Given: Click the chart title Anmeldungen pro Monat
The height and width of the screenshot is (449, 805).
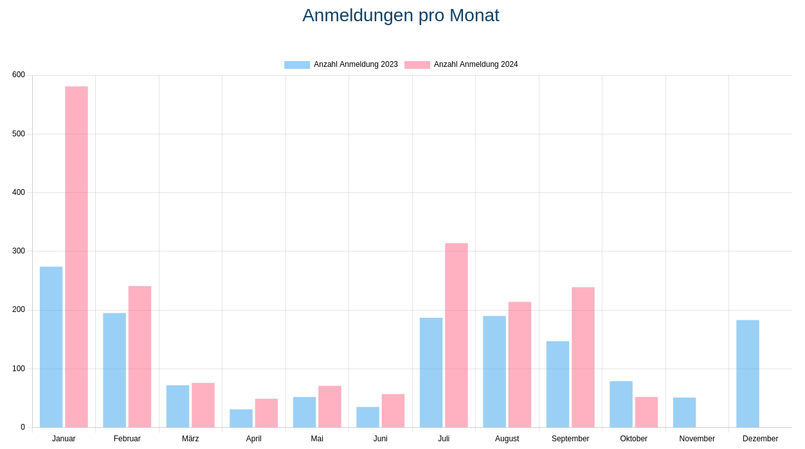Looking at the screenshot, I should point(401,15).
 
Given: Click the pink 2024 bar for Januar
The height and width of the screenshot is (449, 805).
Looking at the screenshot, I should point(77,257).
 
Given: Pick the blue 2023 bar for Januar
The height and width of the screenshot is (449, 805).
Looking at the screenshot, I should point(51,347).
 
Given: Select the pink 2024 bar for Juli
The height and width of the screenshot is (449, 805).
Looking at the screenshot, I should point(457,335).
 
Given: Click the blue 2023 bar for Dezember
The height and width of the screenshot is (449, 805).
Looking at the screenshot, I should point(748,374).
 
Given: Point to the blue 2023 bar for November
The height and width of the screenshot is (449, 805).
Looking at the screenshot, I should point(684,412).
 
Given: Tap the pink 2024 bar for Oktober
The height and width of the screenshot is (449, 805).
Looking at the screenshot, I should point(646,412).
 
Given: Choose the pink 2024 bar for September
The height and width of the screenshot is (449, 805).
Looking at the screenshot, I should point(583,357).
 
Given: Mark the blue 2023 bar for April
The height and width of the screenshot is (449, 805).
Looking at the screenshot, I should point(241,418).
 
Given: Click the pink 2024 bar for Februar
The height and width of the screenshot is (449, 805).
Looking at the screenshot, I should point(140,357).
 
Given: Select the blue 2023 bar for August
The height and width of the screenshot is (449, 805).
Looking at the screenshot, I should point(494,372).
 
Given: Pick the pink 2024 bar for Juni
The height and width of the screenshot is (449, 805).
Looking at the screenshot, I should point(393,410).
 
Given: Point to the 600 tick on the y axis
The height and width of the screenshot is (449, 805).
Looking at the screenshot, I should point(19,75).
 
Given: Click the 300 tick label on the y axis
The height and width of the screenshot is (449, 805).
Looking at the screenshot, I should point(19,251).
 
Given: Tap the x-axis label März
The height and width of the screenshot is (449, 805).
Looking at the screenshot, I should point(190,439).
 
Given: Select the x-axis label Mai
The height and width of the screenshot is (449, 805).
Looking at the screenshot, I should point(317,439).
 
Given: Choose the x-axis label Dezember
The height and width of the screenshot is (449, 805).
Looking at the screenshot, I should point(760,439).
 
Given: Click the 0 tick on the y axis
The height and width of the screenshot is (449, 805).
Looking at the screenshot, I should point(23,427).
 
